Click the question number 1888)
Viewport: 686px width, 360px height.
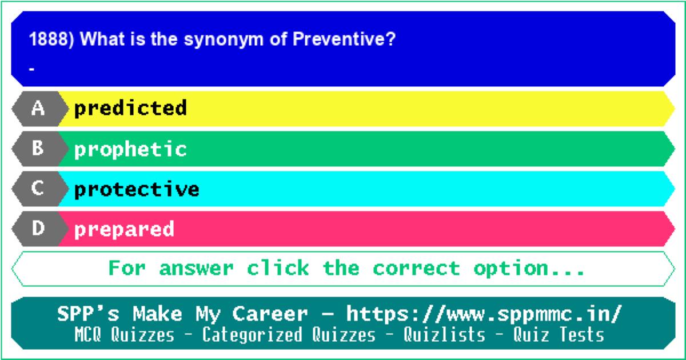click(51, 39)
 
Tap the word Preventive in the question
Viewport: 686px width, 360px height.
click(344, 39)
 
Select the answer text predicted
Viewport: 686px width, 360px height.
click(130, 109)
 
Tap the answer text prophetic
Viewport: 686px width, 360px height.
click(130, 150)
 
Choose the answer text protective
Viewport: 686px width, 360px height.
click(137, 189)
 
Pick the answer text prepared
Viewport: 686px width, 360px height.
click(125, 230)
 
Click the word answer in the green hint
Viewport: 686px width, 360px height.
click(196, 268)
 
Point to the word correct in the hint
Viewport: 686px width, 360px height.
click(417, 268)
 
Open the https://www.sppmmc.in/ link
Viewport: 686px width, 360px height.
click(484, 314)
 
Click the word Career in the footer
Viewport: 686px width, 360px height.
click(270, 314)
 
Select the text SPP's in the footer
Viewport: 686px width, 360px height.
click(88, 314)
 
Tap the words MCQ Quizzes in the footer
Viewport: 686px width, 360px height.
click(125, 334)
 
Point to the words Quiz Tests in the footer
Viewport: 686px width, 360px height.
click(559, 334)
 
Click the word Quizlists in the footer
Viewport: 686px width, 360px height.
click(444, 334)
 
